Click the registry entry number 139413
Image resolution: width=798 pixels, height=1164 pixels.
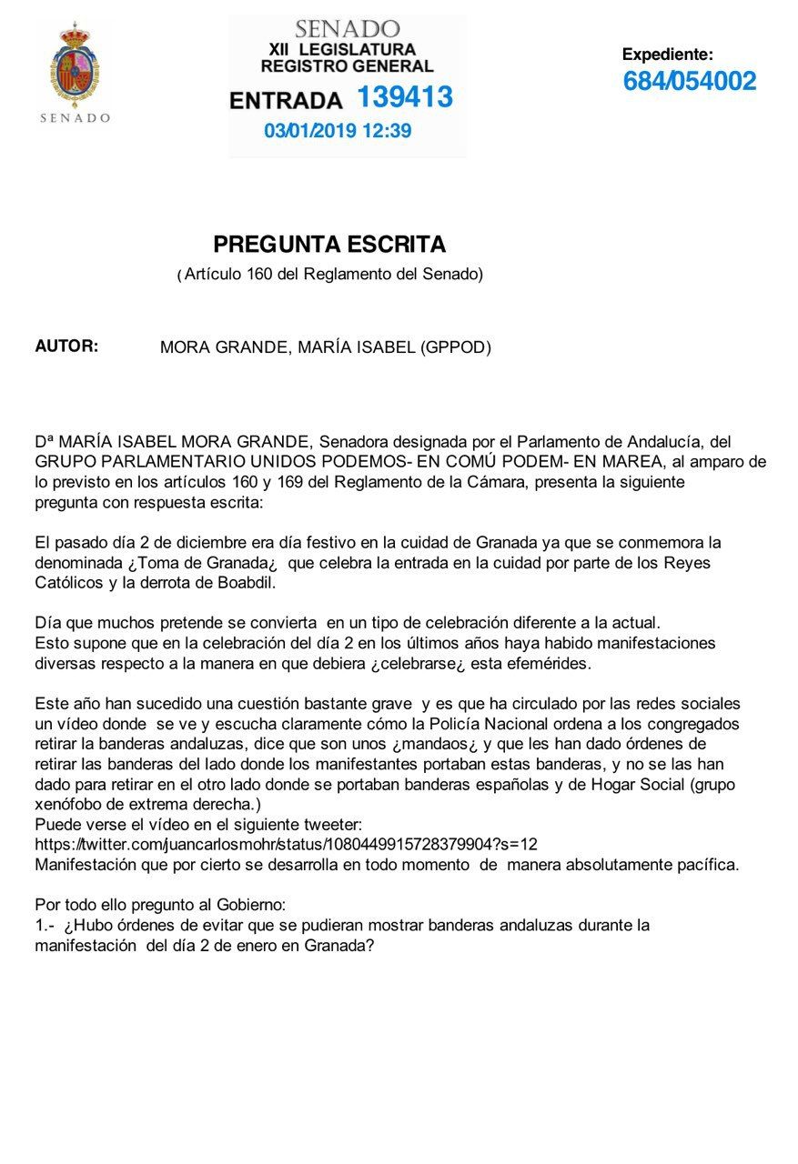pyautogui.click(x=404, y=97)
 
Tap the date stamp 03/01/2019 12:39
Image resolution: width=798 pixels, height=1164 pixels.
pyautogui.click(x=338, y=131)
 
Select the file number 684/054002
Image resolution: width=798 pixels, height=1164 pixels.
pyautogui.click(x=689, y=82)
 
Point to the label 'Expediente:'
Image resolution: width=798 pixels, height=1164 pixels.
pyautogui.click(x=667, y=55)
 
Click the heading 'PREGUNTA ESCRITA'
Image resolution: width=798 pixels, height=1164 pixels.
pyautogui.click(x=329, y=245)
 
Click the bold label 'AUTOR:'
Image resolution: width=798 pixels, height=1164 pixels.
pyautogui.click(x=66, y=346)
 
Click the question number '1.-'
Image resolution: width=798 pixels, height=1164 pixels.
pyautogui.click(x=45, y=925)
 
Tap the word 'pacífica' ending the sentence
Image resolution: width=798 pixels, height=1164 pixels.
pyautogui.click(x=706, y=864)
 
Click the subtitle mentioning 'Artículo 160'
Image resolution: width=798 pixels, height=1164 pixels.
pyautogui.click(x=329, y=274)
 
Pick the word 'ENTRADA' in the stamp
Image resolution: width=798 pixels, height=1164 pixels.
pyautogui.click(x=286, y=100)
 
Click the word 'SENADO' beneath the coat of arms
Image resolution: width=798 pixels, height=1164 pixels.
pyautogui.click(x=76, y=117)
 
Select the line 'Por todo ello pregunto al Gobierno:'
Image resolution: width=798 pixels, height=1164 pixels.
pyautogui.click(x=160, y=905)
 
